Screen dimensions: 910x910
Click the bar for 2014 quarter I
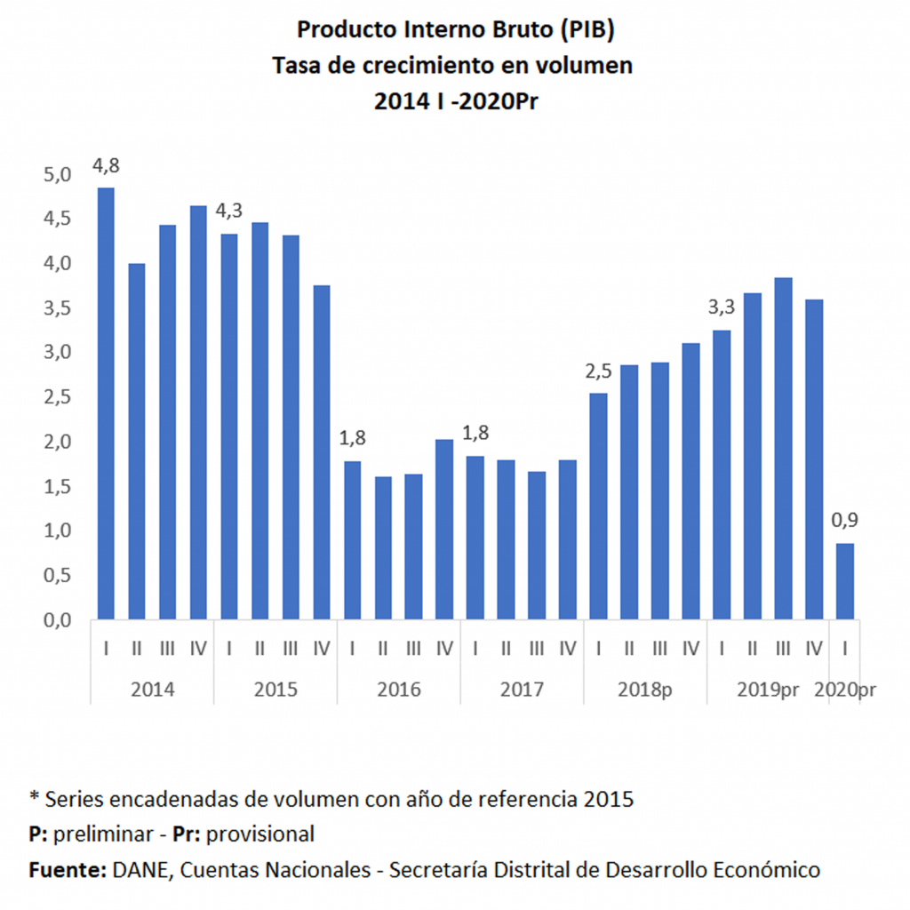pos(106,403)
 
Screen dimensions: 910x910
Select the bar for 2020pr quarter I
pos(845,581)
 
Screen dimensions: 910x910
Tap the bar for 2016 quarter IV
pos(444,529)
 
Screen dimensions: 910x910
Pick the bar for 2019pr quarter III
pos(783,448)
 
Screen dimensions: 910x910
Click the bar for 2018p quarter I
pos(598,506)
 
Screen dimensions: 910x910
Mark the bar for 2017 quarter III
pos(537,545)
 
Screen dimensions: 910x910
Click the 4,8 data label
pos(106,166)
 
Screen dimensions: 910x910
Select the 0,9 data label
pos(845,522)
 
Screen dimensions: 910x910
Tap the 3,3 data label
pos(722,308)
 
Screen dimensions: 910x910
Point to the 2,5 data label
pos(599,371)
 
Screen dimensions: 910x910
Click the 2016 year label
pos(398,690)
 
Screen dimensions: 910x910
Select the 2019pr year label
pos(769,690)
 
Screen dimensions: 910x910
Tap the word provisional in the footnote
pos(262,834)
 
